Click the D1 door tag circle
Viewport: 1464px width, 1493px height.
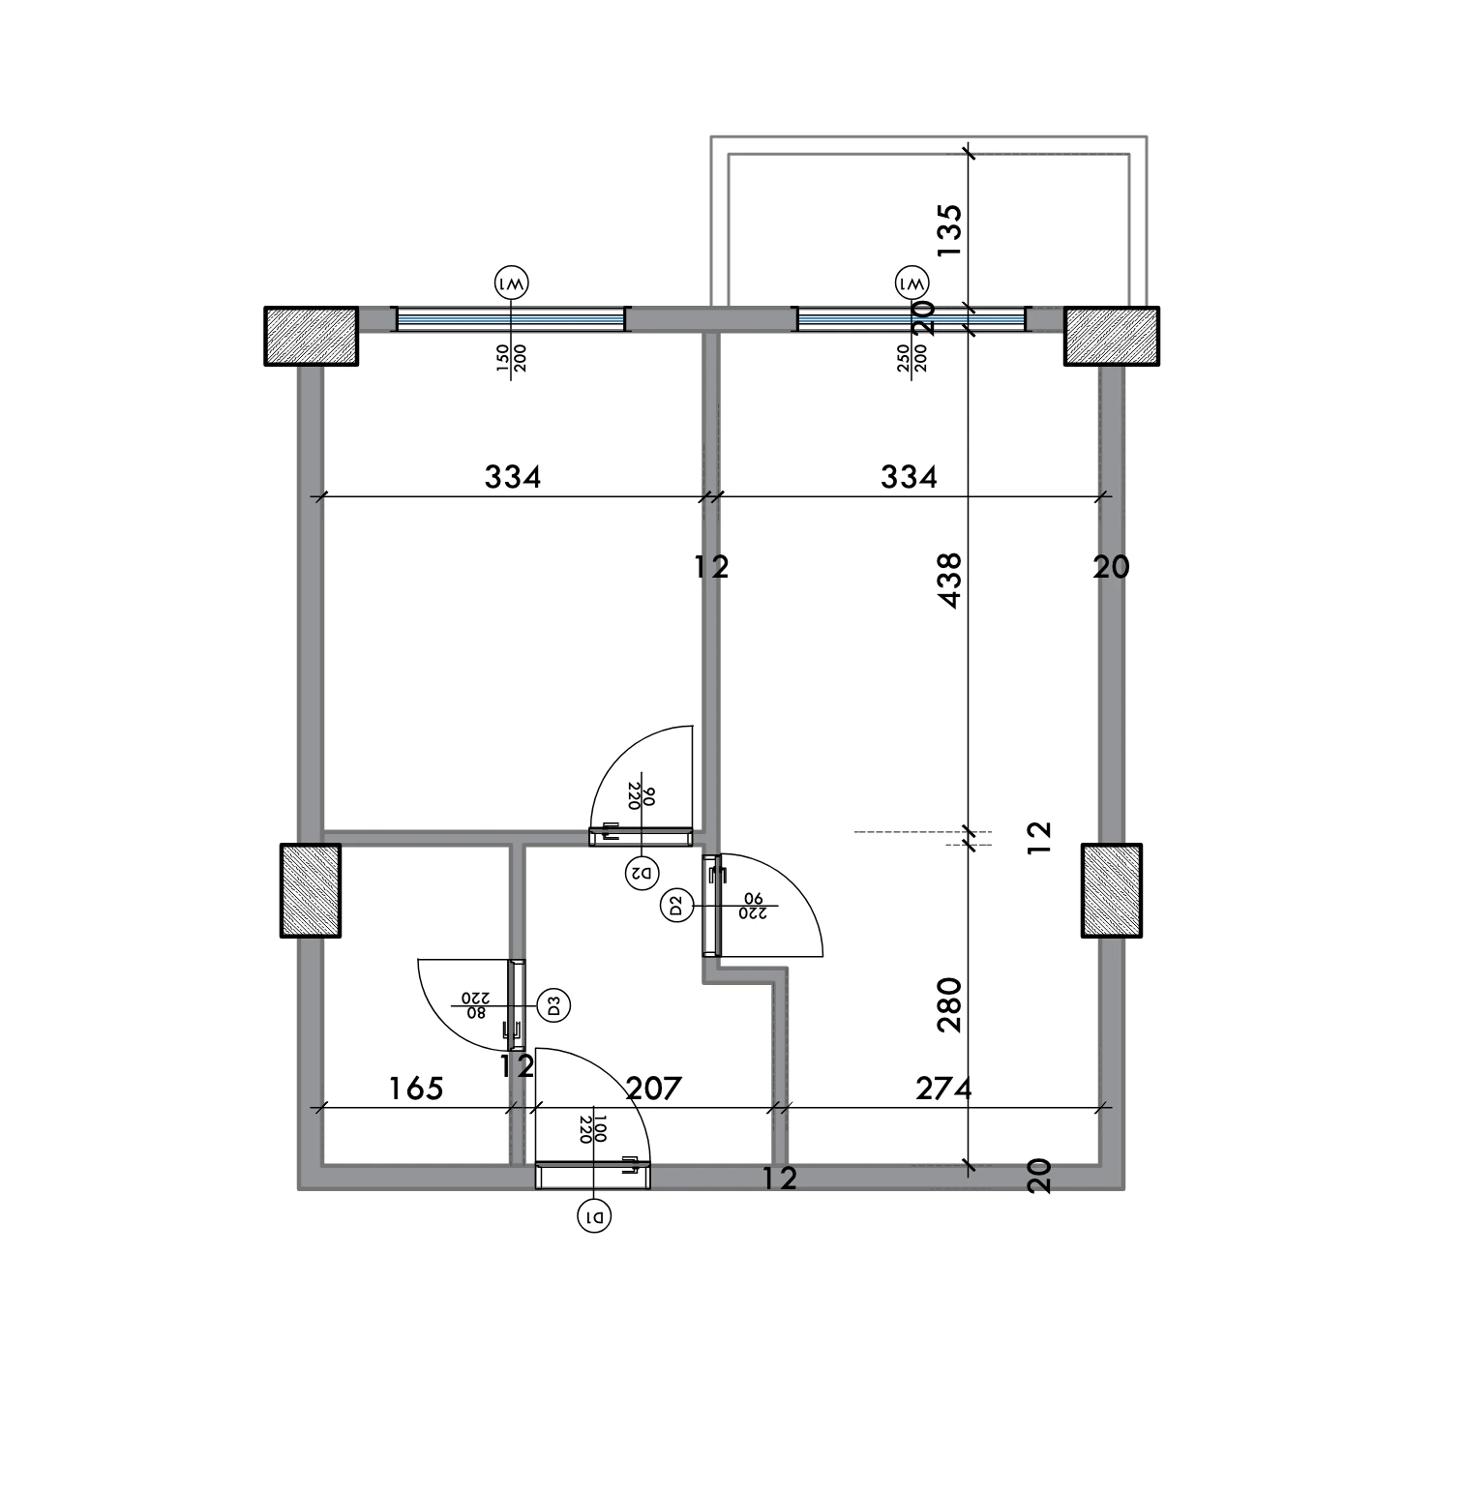pyautogui.click(x=595, y=1216)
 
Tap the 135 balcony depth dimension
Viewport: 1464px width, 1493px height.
pyautogui.click(x=950, y=229)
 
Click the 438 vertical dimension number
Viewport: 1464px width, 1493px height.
pyautogui.click(x=950, y=580)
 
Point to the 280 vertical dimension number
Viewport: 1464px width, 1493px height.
pyautogui.click(x=950, y=1004)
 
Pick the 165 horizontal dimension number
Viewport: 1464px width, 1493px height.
pyautogui.click(x=416, y=1089)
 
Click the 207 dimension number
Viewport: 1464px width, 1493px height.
pyautogui.click(x=654, y=1089)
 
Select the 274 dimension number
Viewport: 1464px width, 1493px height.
pyautogui.click(x=943, y=1089)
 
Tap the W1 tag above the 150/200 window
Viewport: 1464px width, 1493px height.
pyautogui.click(x=512, y=284)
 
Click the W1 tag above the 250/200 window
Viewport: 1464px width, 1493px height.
pyautogui.click(x=912, y=284)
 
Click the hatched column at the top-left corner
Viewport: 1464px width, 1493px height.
pyautogui.click(x=312, y=336)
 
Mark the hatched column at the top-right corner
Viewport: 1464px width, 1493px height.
pyautogui.click(x=1112, y=336)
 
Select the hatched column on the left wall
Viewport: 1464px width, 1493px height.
pyautogui.click(x=311, y=890)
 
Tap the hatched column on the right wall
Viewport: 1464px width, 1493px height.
pyautogui.click(x=1112, y=890)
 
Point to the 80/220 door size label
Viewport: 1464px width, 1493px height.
pyautogui.click(x=474, y=1005)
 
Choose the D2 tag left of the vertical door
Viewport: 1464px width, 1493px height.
pyautogui.click(x=676, y=907)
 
